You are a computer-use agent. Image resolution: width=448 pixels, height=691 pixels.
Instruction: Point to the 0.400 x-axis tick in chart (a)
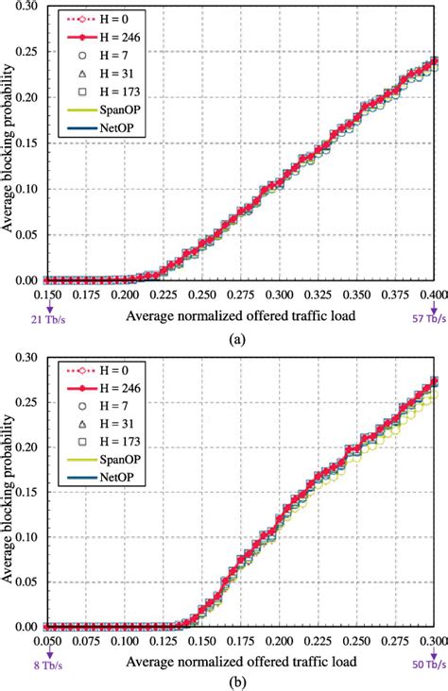coord(431,295)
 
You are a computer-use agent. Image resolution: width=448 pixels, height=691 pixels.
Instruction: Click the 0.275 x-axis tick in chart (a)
coord(242,295)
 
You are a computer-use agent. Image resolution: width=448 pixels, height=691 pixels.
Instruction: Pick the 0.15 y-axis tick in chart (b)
coord(29,491)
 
